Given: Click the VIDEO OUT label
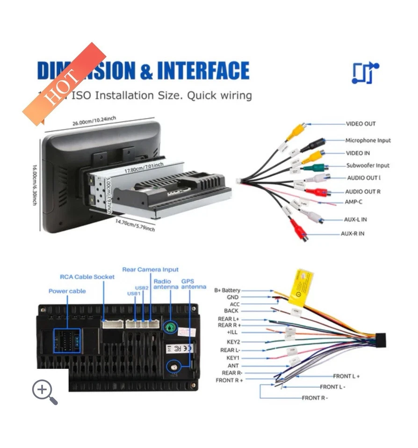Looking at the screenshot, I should tap(360, 124).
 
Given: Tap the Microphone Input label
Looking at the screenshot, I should tap(368, 140).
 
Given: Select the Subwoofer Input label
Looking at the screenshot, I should tap(368, 166).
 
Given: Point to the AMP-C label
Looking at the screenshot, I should tap(353, 202).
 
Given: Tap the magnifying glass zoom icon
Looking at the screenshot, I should tap(44, 392).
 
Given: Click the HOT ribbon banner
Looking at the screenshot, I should tap(64, 84).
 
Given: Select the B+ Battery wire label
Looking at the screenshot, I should tap(227, 290).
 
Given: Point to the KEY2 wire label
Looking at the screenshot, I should tap(233, 342).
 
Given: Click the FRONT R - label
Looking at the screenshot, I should tap(315, 398).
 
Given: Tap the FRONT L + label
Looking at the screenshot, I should tap(346, 376).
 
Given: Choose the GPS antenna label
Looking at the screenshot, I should tap(194, 284).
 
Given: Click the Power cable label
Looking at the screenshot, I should tap(67, 291).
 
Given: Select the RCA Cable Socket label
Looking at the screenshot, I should tap(87, 277).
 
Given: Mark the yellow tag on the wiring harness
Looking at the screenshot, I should tap(300, 286).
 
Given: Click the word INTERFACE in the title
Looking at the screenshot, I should tap(203, 71).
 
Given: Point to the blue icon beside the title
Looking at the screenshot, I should tap(365, 73).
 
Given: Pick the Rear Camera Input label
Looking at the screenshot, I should tap(150, 270).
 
